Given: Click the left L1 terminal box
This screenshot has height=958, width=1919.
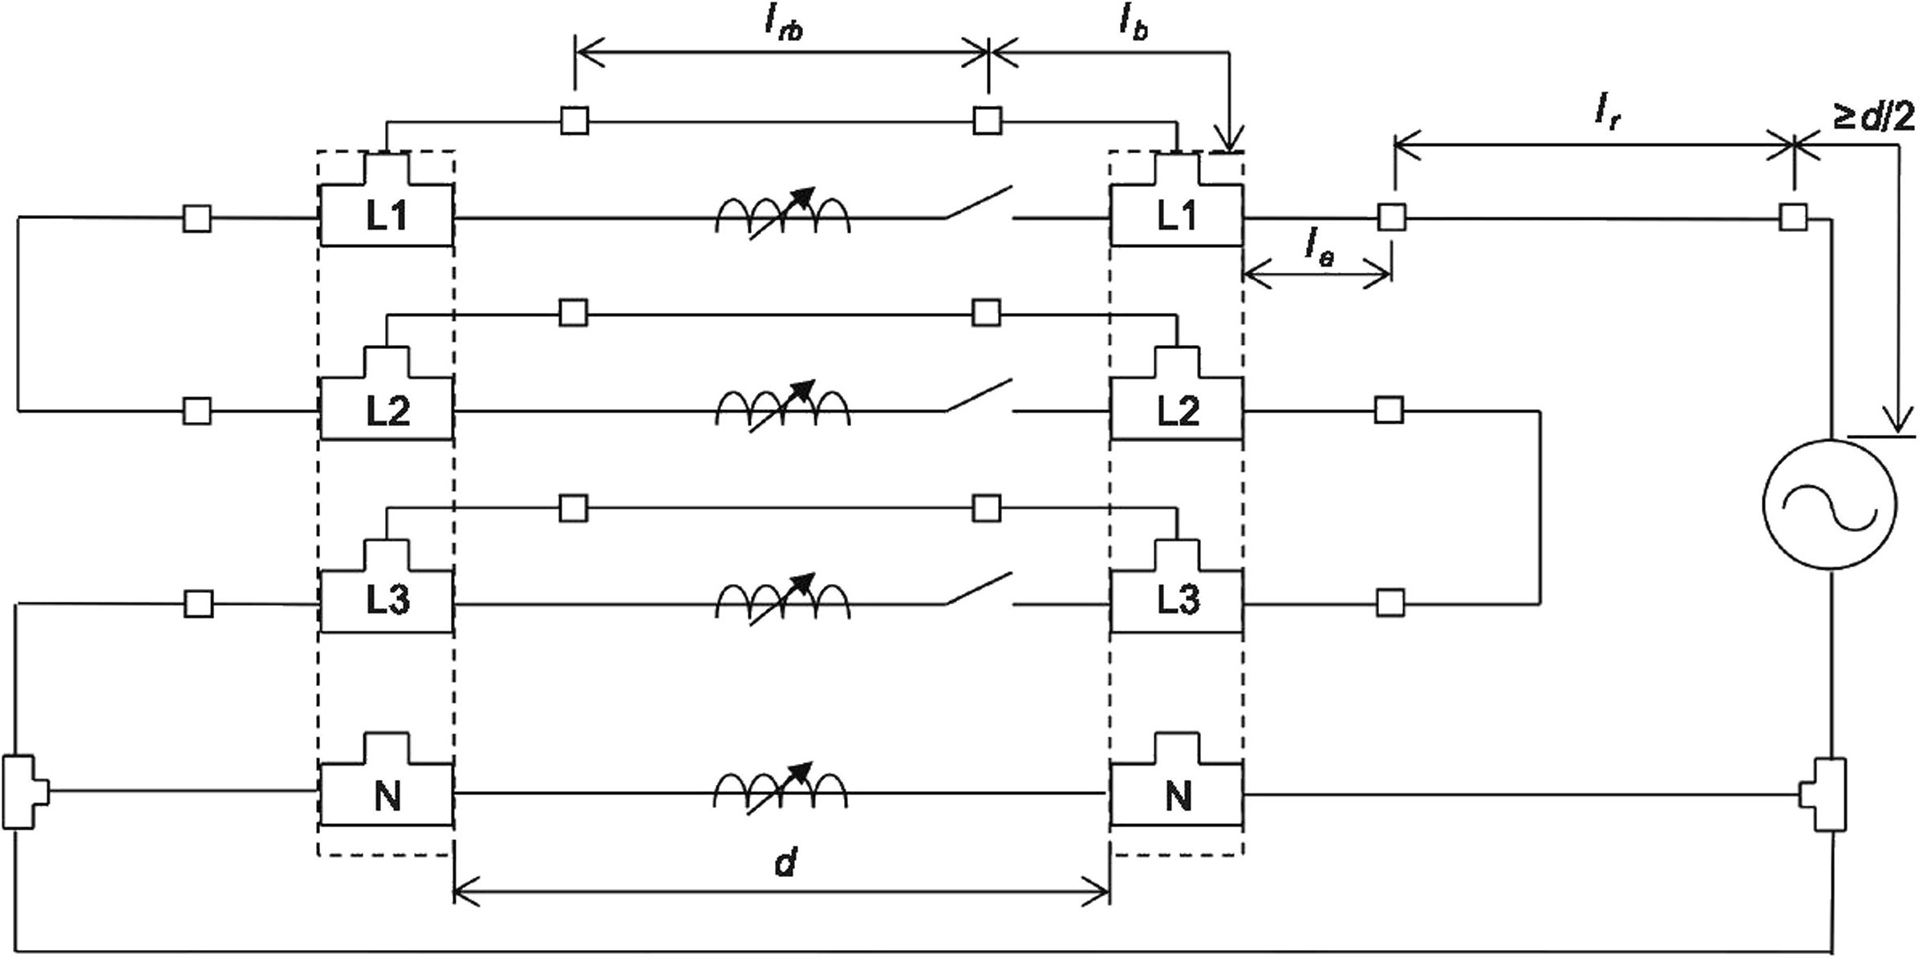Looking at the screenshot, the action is pyautogui.click(x=387, y=216).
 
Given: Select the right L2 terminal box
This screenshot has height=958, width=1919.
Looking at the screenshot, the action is pyautogui.click(x=1177, y=410).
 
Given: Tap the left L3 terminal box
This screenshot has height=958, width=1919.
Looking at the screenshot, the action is pyautogui.click(x=387, y=601).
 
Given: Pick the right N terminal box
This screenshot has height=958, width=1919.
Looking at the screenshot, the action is pyautogui.click(x=1177, y=794).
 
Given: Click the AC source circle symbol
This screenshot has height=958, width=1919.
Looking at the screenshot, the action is pyautogui.click(x=1830, y=504).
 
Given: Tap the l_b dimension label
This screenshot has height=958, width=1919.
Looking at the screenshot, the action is pyautogui.click(x=1133, y=26).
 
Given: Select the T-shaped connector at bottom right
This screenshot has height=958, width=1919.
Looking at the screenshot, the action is pyautogui.click(x=1823, y=794).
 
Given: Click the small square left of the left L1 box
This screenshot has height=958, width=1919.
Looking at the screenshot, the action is pyautogui.click(x=197, y=219).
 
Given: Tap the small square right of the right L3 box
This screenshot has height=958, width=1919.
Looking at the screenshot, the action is pyautogui.click(x=1390, y=601).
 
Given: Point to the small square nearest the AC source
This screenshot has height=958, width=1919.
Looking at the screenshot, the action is pyautogui.click(x=1793, y=217).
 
